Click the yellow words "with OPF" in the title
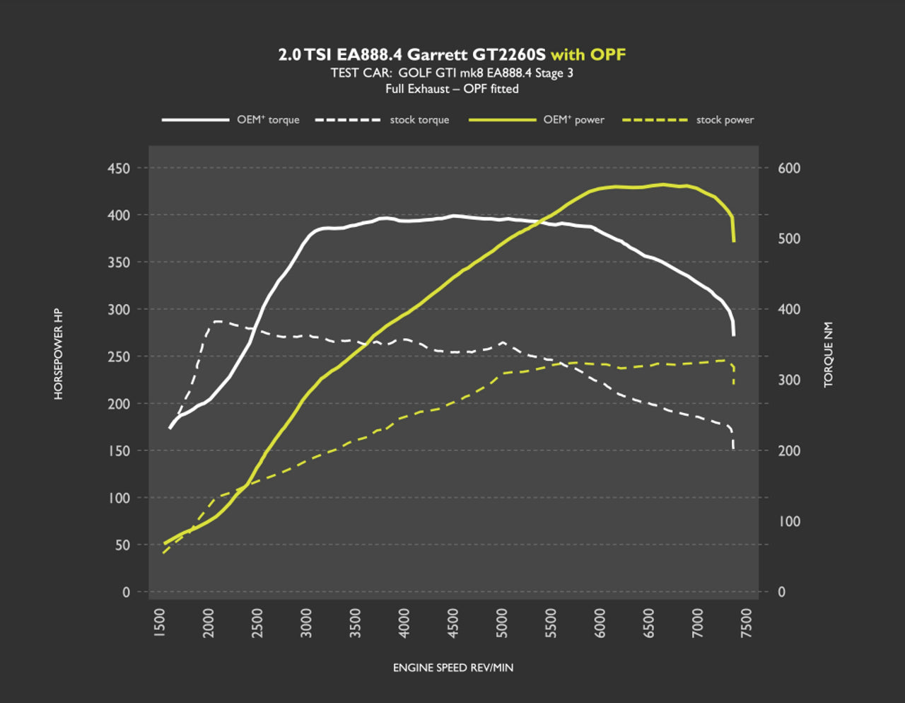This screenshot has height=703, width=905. [x=588, y=54]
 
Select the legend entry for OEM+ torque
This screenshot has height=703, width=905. [x=268, y=120]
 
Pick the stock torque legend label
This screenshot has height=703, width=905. [x=419, y=120]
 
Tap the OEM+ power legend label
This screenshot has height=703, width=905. [x=573, y=120]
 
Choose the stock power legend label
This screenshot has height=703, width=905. [x=725, y=120]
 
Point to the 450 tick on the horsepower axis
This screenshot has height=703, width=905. [x=119, y=168]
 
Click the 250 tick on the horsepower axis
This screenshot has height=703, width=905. [x=119, y=356]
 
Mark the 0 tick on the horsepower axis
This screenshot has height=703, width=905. [x=126, y=592]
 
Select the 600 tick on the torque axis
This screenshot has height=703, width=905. [x=789, y=168]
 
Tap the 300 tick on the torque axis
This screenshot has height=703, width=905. [x=789, y=380]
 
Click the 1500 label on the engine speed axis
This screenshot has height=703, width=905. [x=160, y=622]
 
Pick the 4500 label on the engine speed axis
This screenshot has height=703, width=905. [x=453, y=622]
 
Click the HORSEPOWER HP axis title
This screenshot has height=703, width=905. [x=59, y=354]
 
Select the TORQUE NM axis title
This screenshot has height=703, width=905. [x=829, y=354]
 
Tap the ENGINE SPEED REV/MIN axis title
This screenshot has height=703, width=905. [x=453, y=668]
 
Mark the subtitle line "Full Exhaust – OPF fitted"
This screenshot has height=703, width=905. [x=452, y=89]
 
